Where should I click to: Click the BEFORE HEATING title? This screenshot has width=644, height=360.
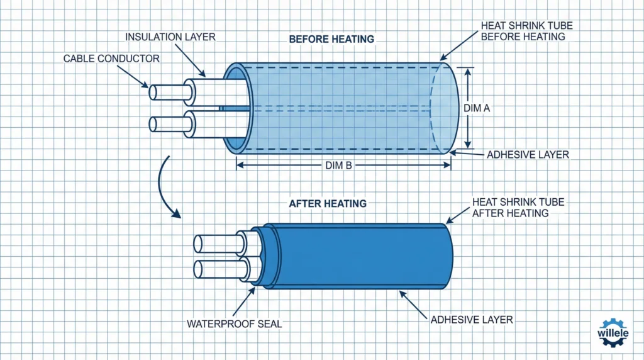point(331,39)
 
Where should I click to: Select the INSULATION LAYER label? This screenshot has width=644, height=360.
point(170,37)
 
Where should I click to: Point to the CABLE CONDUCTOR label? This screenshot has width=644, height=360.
point(111,59)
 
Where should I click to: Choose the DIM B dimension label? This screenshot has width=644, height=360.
point(343,166)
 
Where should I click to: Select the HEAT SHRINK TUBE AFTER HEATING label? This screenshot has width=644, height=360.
point(518,208)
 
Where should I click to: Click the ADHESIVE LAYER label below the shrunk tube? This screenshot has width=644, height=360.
point(472,320)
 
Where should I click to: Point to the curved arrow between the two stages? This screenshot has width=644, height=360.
point(164,189)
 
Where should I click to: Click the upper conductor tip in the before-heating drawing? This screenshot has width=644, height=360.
point(153,92)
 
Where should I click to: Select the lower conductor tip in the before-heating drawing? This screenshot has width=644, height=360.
point(153,124)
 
